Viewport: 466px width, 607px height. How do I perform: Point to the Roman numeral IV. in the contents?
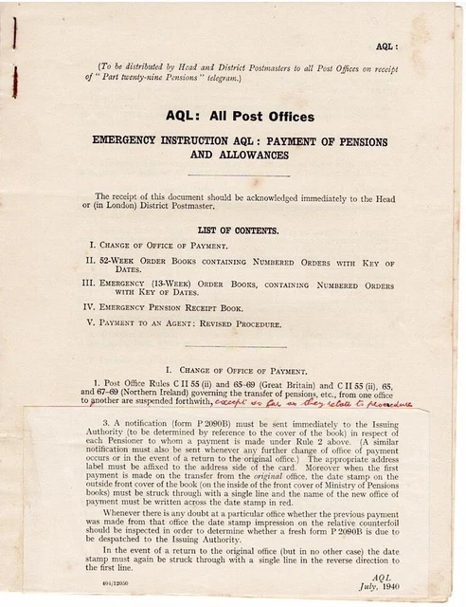(x=91, y=308)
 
